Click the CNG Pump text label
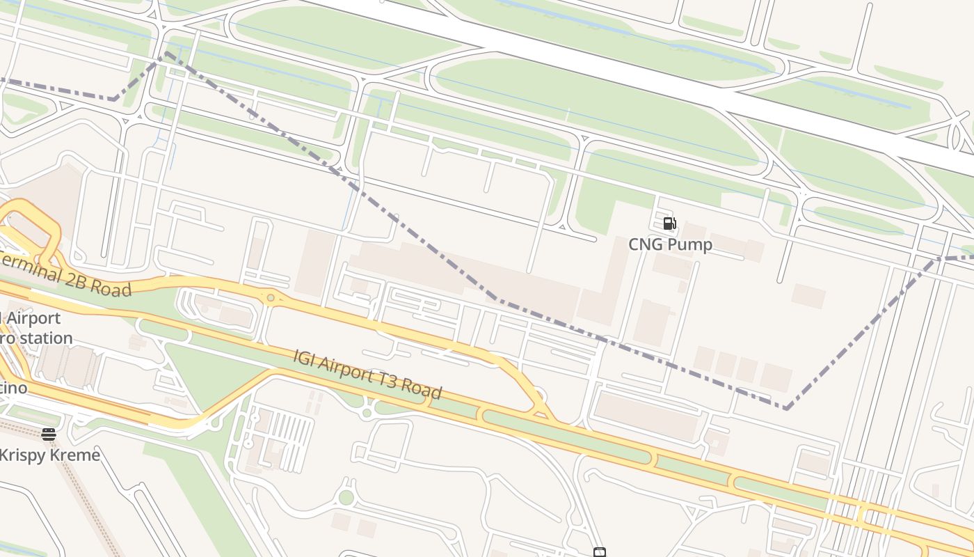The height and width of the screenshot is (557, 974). [670, 244]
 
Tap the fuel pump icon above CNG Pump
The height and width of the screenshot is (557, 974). [669, 223]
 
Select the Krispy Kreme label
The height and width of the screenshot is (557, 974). [49, 455]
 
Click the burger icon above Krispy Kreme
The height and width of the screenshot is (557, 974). [49, 434]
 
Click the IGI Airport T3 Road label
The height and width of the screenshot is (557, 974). [367, 374]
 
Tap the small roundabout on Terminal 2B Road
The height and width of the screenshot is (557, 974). [270, 297]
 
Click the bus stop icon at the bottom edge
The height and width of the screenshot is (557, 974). [600, 553]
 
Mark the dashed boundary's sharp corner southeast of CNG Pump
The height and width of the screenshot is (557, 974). [785, 408]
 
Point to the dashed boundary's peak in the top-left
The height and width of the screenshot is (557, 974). [166, 53]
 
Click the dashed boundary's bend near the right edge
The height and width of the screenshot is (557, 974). [938, 259]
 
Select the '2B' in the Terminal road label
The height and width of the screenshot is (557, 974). [78, 278]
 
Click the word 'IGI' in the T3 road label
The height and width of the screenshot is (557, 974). [305, 358]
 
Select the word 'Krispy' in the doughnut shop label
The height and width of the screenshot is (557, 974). [23, 455]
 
